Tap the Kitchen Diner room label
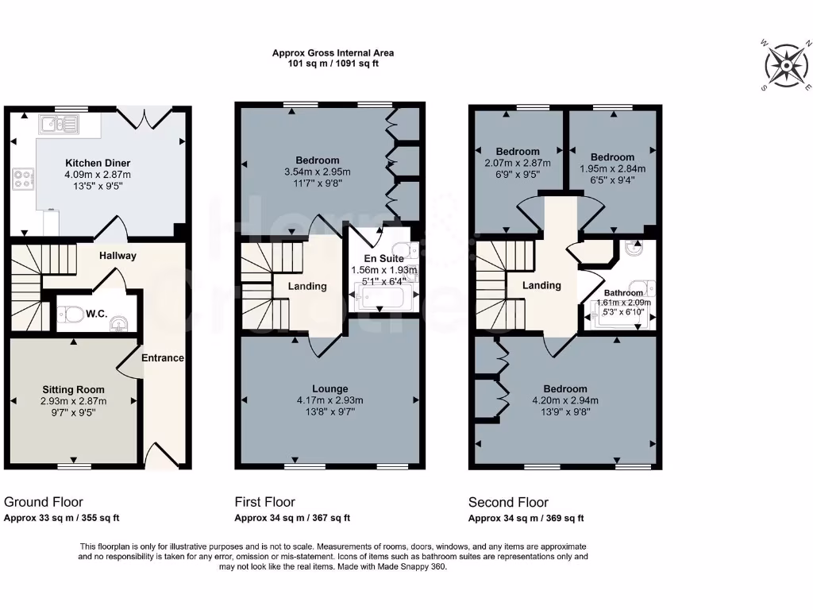(x=98, y=163)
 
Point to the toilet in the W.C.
(x=74, y=316)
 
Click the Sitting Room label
(x=74, y=390)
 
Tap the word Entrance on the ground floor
(x=163, y=358)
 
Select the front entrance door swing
(x=159, y=456)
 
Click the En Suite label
(x=384, y=259)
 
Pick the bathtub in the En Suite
(x=384, y=300)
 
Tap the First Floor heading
(x=264, y=502)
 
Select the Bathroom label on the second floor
(x=623, y=292)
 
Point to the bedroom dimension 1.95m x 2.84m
(x=612, y=168)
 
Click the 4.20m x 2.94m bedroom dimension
(x=565, y=401)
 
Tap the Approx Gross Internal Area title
(x=333, y=53)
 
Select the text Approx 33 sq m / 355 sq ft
(x=62, y=518)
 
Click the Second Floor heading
(x=508, y=502)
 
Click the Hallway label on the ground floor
(x=118, y=256)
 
